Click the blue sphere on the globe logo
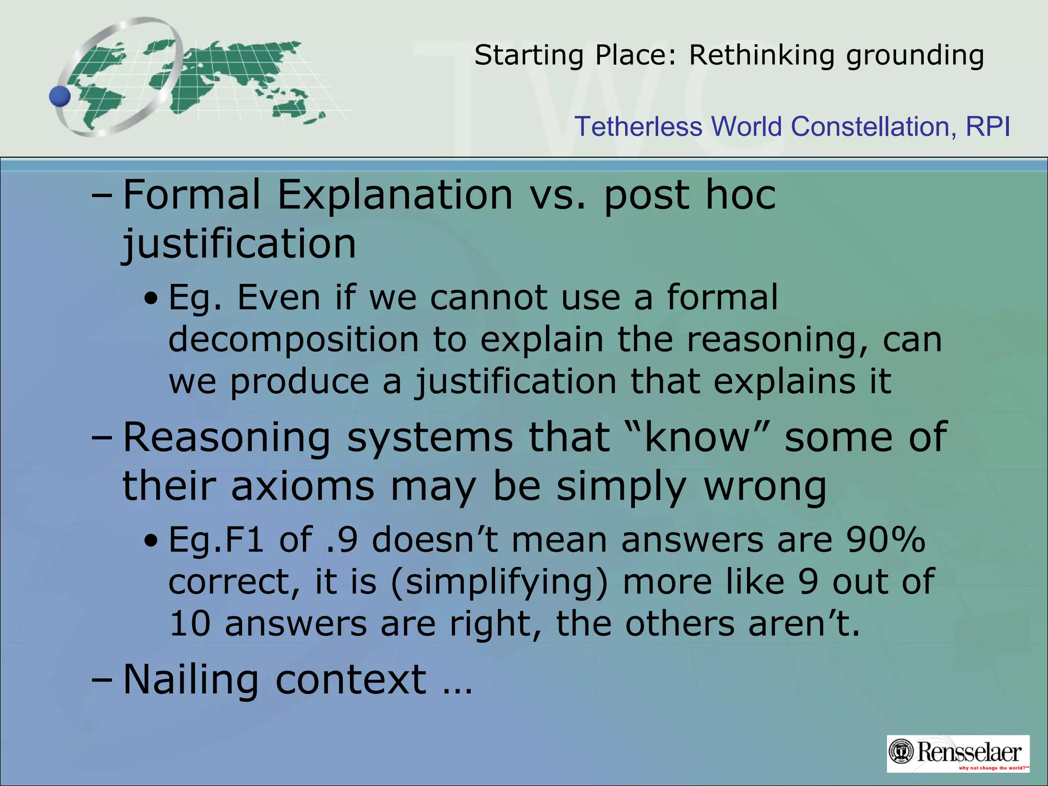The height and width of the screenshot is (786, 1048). coord(60,96)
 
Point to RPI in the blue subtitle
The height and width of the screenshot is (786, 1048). coord(988,126)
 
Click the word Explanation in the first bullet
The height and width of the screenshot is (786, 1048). coord(395,195)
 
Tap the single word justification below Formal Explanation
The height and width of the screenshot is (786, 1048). coord(239,244)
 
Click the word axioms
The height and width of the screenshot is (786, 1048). coord(303,486)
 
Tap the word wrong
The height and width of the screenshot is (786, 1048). coord(765,486)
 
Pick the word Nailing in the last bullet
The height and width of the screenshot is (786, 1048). coord(191,680)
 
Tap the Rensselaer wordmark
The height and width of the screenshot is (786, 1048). coord(969,752)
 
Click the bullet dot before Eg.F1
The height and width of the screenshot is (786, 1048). coord(150,541)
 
